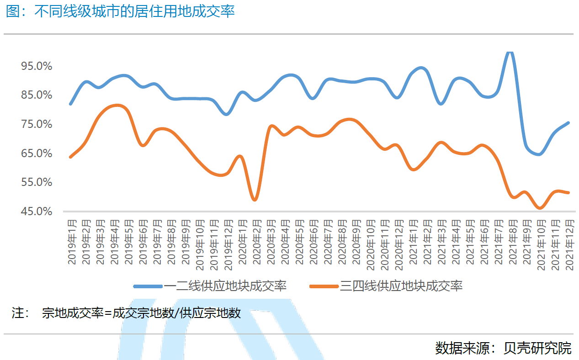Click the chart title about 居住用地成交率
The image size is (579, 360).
tap(121, 11)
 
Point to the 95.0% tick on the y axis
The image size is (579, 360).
tap(37, 66)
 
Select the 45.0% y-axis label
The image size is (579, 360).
tap(37, 212)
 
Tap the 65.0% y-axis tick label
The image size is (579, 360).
tap(37, 154)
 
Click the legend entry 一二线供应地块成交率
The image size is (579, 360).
tap(225, 286)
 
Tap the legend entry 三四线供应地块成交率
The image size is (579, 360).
tap(401, 286)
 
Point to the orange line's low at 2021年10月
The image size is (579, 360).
tap(540, 208)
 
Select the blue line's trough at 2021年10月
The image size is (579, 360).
tap(540, 154)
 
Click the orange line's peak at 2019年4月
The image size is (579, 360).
tap(116, 106)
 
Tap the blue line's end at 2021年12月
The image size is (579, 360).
tap(568, 122)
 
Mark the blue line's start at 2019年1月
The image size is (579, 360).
tap(70, 104)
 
